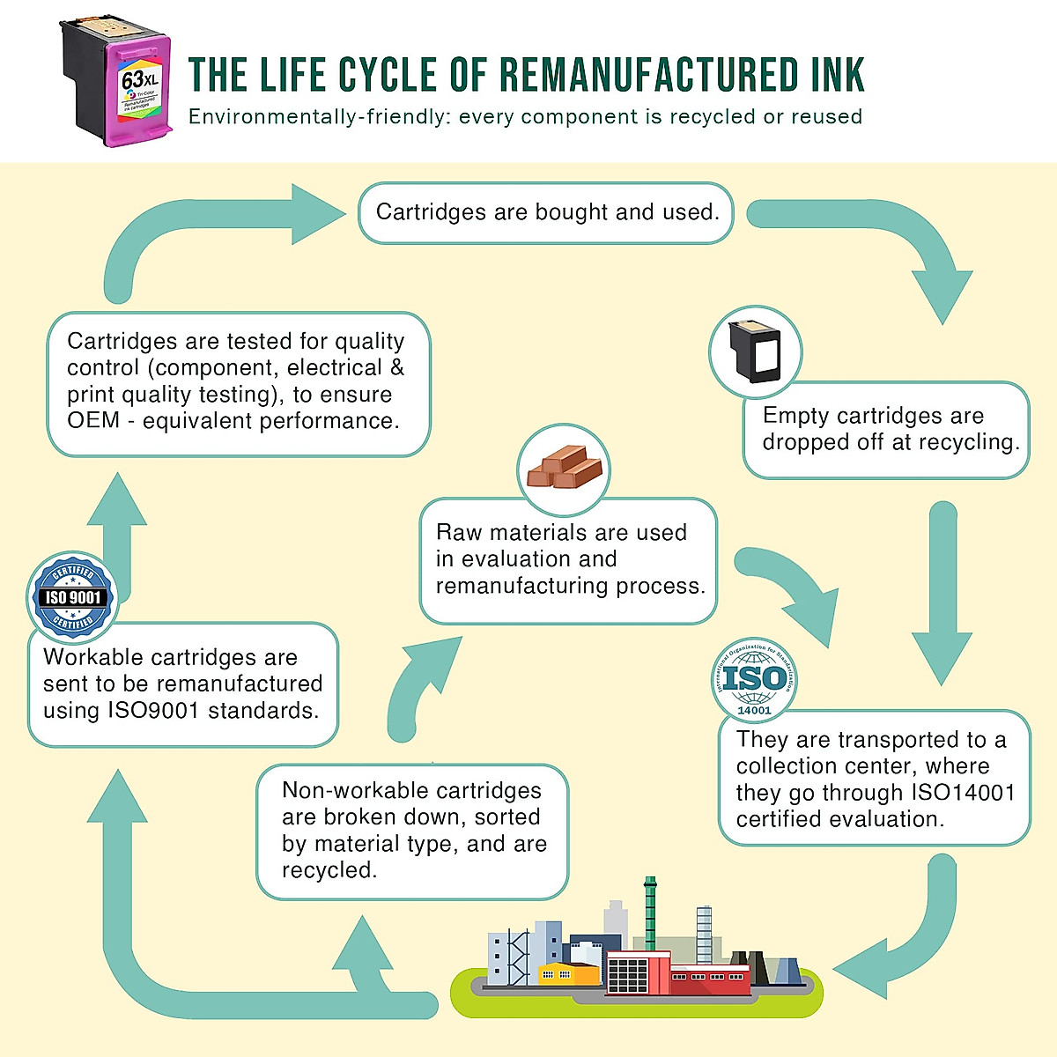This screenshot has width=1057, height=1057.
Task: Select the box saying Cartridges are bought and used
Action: coord(546,212)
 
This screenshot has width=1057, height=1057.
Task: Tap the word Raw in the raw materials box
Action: coord(459,533)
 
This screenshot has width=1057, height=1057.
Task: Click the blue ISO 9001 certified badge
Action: coord(73,597)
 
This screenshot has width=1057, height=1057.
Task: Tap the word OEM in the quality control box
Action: coord(92,421)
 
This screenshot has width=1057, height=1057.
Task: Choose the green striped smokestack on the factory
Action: coord(650,912)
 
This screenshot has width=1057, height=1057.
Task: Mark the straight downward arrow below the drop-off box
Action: coord(942,599)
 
